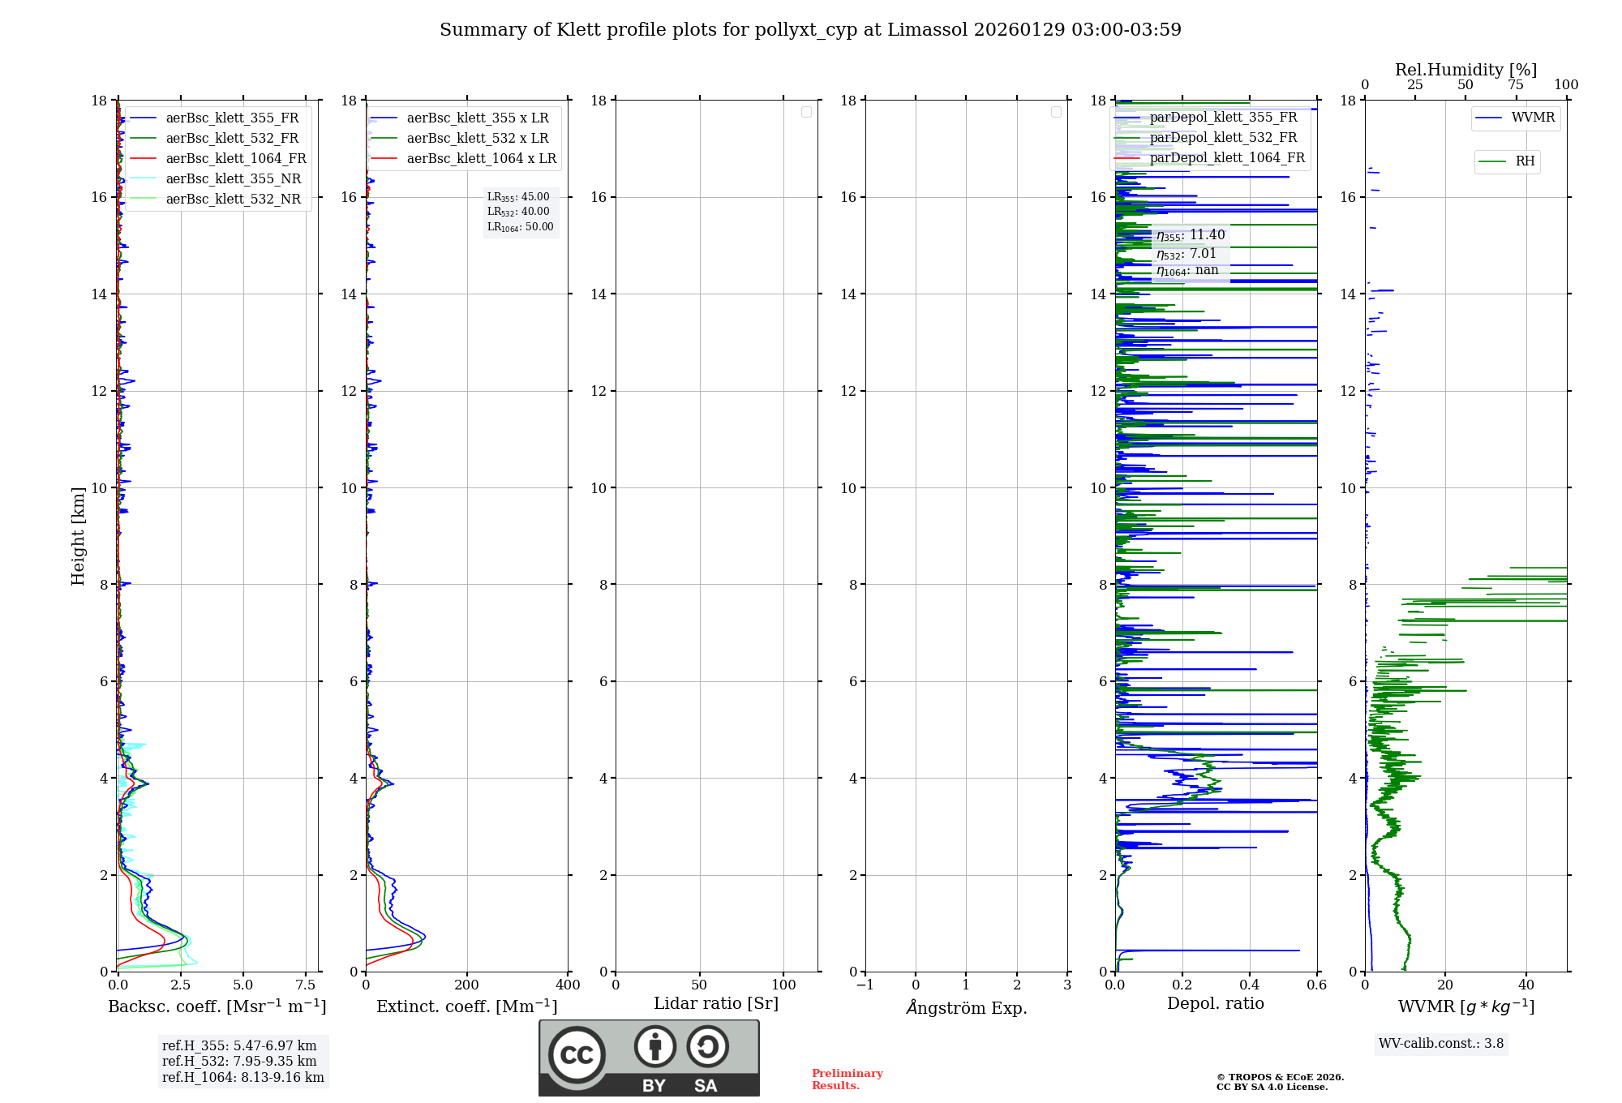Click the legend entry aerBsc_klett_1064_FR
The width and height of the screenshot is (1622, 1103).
(x=235, y=159)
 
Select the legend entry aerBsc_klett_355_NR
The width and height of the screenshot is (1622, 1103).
(x=233, y=179)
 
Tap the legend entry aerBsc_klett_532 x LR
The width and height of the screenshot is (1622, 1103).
(x=477, y=139)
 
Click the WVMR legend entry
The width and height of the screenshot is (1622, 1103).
(x=1533, y=118)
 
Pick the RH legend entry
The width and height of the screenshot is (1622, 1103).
(x=1525, y=161)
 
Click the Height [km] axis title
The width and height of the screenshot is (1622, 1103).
(x=78, y=535)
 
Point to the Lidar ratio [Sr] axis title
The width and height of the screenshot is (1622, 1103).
(x=715, y=1003)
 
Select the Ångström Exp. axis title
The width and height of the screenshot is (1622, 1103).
(x=966, y=1007)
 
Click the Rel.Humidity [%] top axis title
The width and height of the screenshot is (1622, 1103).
(x=1465, y=70)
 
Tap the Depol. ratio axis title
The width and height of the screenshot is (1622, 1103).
(x=1215, y=1003)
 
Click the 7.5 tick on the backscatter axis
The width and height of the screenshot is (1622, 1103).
(x=306, y=985)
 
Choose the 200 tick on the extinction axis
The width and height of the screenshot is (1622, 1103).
(x=466, y=985)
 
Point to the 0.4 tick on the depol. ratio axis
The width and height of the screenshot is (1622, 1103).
(x=1250, y=985)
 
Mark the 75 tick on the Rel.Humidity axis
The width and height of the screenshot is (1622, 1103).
(x=1516, y=85)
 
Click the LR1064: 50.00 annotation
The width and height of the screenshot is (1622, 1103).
(x=520, y=227)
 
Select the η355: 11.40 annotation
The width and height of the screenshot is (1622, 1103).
(x=1191, y=235)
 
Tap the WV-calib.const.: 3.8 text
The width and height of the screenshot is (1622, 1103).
(x=1440, y=1044)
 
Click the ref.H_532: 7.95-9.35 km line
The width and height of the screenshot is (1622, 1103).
(x=239, y=1062)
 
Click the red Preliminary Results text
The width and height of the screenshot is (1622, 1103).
(x=847, y=1079)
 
